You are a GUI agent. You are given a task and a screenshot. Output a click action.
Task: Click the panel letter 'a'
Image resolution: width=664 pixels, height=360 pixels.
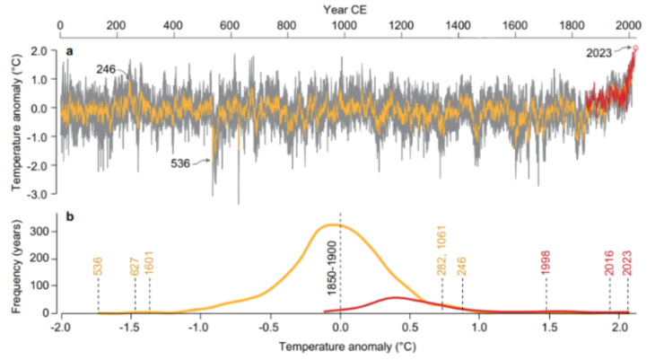(x=68, y=52)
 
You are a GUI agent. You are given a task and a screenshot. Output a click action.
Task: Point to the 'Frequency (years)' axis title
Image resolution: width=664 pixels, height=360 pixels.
(x=17, y=263)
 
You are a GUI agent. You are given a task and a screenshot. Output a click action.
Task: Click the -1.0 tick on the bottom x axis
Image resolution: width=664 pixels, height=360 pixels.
(x=197, y=328)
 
